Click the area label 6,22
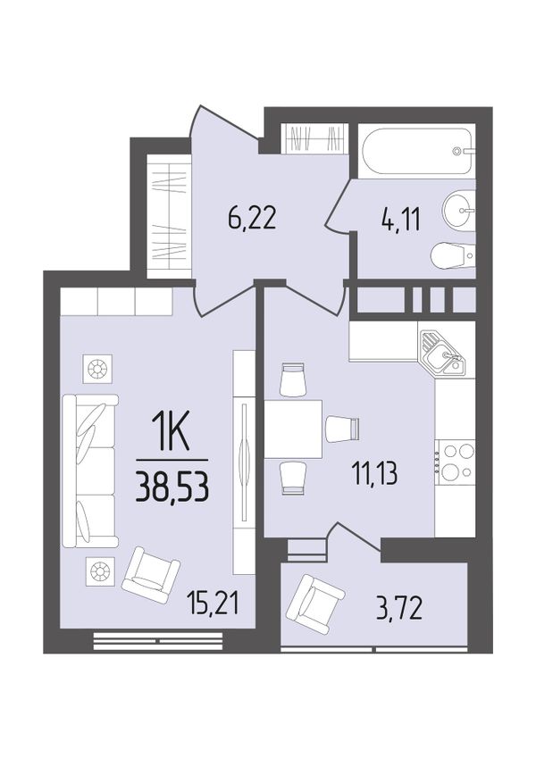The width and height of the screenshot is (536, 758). (x=252, y=219)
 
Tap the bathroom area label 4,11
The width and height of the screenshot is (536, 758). (x=399, y=221)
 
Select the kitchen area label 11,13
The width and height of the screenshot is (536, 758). (x=375, y=474)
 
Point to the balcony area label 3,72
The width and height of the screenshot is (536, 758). (x=399, y=609)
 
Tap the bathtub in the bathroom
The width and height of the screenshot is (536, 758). (x=416, y=150)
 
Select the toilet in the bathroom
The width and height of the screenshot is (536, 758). (x=452, y=254)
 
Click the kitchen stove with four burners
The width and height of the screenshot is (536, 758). (x=455, y=462)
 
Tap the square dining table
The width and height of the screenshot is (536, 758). (x=293, y=429)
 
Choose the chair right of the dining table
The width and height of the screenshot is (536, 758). (x=342, y=429)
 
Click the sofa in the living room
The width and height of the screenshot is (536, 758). (x=90, y=471)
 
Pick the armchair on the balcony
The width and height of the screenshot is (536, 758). (x=315, y=604)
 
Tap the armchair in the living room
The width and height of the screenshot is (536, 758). (x=151, y=575)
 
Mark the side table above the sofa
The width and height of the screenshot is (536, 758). (x=97, y=369)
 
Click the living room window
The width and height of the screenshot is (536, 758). (x=158, y=640)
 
